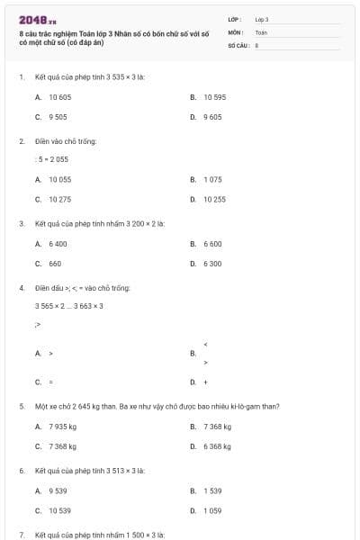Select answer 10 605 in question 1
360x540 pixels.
59,96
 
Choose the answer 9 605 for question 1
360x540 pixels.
212,117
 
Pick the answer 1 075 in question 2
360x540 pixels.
212,179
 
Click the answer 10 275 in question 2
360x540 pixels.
59,199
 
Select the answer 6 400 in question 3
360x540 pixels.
58,244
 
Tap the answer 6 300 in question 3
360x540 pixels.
212,264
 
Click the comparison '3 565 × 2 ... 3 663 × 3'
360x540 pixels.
69,306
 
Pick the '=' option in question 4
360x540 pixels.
51,382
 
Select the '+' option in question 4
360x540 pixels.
206,382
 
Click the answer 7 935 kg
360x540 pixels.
62,427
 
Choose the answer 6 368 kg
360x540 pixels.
217,446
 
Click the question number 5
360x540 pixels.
22,406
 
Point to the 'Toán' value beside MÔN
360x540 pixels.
261,31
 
